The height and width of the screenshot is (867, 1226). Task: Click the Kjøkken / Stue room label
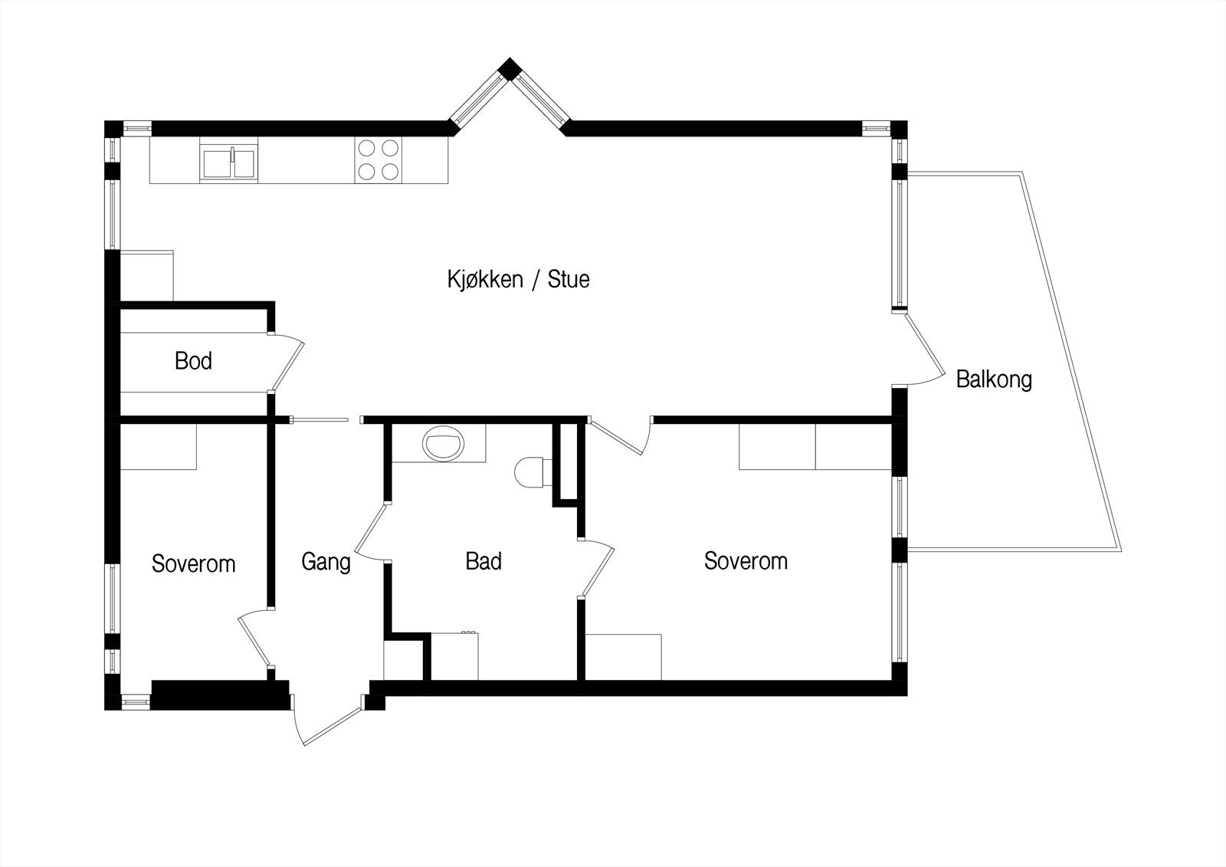(518, 279)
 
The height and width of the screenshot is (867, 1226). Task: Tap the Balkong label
(993, 379)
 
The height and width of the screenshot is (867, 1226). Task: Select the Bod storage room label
(193, 360)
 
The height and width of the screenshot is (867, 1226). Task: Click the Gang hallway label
(326, 562)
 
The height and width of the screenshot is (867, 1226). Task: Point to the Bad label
(484, 561)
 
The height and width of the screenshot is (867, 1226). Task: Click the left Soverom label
(193, 564)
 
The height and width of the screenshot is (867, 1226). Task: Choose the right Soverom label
(746, 561)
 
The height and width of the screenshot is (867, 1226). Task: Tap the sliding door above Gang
(320, 419)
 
